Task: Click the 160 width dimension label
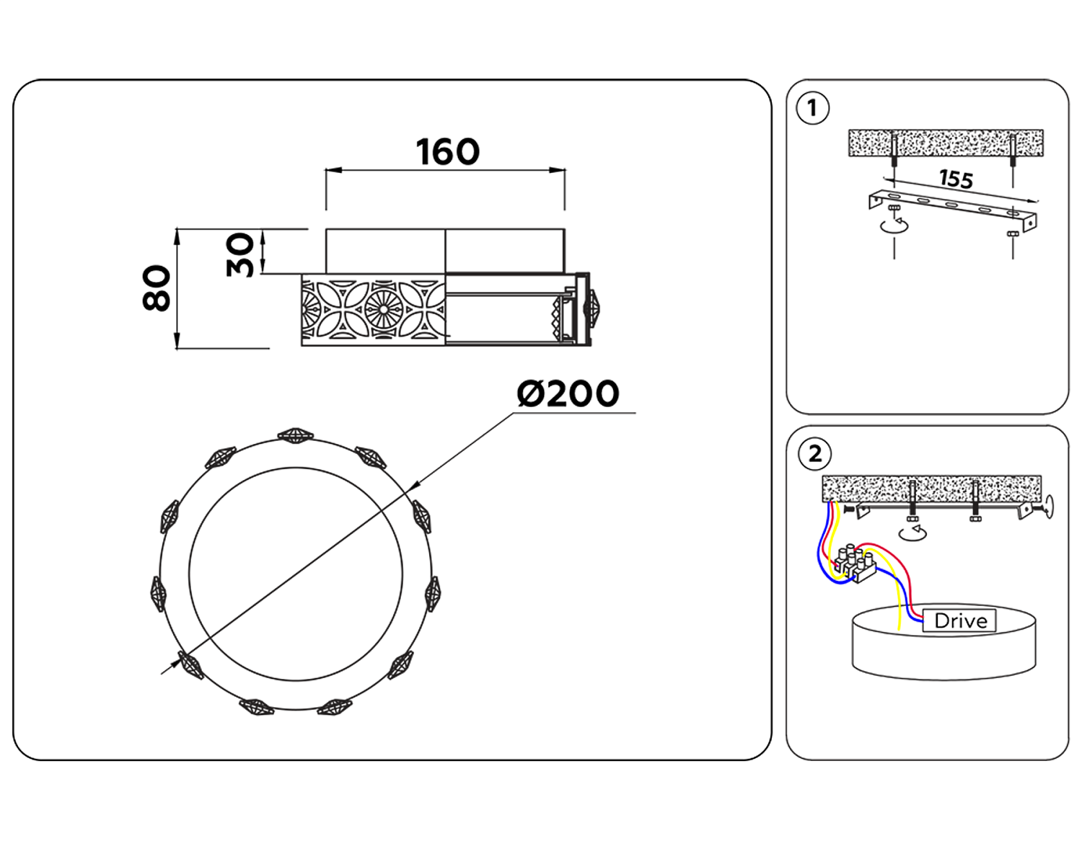(447, 152)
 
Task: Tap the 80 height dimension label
(157, 288)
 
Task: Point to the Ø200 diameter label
(568, 393)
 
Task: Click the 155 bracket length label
(956, 178)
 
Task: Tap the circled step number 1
(813, 108)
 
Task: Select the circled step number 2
(815, 454)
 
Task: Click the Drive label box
(959, 620)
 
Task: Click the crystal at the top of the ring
(295, 435)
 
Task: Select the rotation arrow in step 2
(913, 533)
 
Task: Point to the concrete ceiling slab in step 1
(945, 143)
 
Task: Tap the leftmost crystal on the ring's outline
(158, 594)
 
